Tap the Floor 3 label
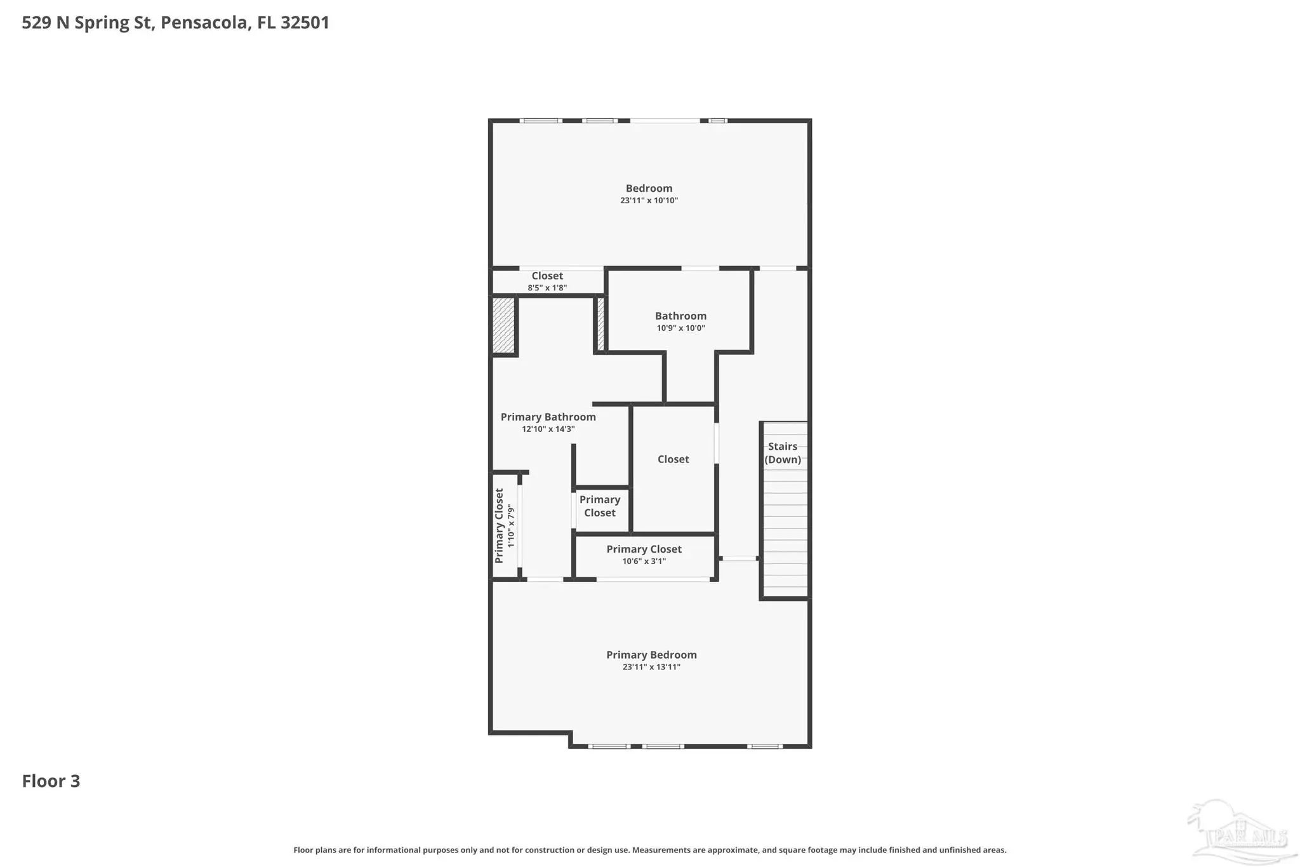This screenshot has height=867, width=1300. coord(51,781)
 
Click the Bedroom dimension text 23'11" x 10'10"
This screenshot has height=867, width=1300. coord(649,201)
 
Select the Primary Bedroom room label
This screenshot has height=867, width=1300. coord(651,655)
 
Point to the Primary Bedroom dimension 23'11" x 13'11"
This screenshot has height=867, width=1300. coord(651,667)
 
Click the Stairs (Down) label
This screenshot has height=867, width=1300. coord(783,453)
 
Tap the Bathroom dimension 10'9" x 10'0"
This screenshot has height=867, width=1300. coord(680,328)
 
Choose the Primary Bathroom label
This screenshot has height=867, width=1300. coord(548,417)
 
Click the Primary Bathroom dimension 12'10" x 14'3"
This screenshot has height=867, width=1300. coord(548,429)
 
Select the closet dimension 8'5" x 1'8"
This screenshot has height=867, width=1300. coord(547,288)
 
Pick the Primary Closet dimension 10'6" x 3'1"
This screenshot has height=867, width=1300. coord(644,561)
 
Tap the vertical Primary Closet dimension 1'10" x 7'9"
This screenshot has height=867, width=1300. coord(512,526)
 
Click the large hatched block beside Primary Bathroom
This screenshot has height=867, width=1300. coord(503,325)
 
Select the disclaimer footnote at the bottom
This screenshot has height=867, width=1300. coord(649,850)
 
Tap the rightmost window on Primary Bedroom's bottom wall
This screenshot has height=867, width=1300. coord(764,746)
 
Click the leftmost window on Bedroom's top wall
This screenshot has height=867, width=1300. coord(541,121)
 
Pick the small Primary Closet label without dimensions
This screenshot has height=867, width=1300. coord(600,506)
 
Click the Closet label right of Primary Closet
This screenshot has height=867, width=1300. coord(673,459)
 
